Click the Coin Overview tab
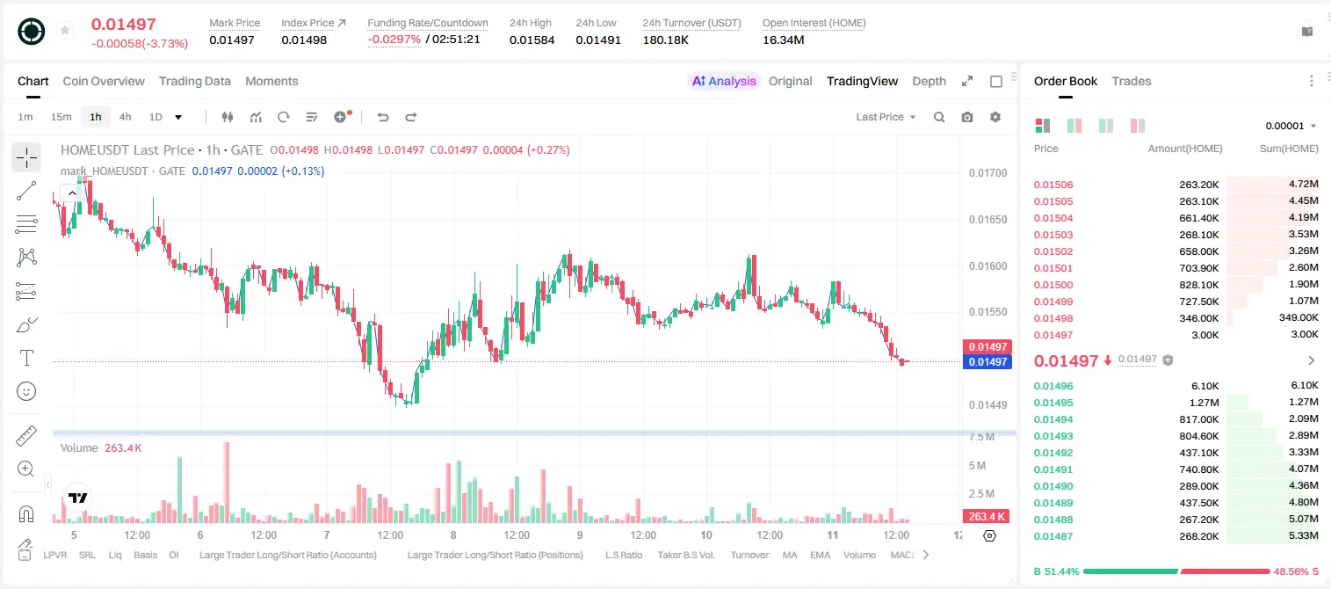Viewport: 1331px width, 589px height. [104, 81]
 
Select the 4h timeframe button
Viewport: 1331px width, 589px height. [125, 117]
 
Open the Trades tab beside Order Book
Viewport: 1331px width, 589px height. [1132, 81]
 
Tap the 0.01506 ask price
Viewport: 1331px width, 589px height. [1053, 185]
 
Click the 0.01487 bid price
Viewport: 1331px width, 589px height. [1053, 536]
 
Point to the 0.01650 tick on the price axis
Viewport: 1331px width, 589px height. [988, 219]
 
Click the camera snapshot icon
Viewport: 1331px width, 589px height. [967, 117]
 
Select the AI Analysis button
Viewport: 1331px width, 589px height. [724, 81]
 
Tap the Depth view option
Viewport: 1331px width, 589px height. [930, 81]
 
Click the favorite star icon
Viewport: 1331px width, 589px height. [65, 30]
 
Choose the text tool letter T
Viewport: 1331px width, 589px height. [26, 358]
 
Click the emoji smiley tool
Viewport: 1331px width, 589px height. [26, 391]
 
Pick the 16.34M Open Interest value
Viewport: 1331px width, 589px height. [783, 40]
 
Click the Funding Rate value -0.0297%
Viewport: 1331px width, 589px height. [394, 40]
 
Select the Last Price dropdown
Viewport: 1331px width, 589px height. [886, 117]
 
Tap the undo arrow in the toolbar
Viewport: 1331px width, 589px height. [383, 117]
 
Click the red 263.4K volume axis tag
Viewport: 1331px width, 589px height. [987, 517]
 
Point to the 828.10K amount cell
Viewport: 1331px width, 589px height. [1198, 285]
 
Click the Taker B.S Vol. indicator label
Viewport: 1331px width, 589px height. [685, 555]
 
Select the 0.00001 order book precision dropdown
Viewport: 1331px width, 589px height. [1291, 126]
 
